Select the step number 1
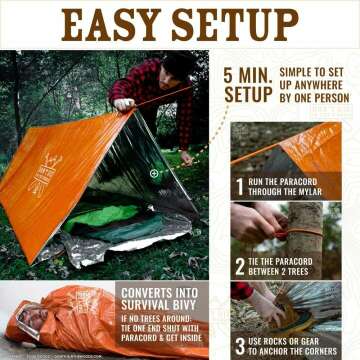(x=240, y=184)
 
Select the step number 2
(x=240, y=266)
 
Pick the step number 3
(x=240, y=344)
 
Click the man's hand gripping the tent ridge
(x=125, y=103)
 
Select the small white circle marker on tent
(x=154, y=173)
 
